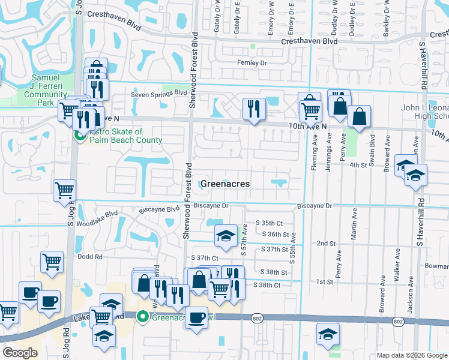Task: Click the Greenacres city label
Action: tap(224, 184)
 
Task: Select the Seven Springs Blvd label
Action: tap(159, 94)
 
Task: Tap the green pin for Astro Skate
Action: tap(79, 136)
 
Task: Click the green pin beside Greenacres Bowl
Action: tap(143, 316)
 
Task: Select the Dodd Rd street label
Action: tap(89, 256)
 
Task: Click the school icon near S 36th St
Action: tap(226, 237)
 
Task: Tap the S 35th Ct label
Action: tap(269, 223)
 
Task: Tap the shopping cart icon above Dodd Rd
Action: tap(52, 262)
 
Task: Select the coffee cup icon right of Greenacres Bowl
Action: tap(195, 317)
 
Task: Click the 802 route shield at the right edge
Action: tap(398, 322)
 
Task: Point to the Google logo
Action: tap(20, 353)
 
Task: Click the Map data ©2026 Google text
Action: tap(411, 355)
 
